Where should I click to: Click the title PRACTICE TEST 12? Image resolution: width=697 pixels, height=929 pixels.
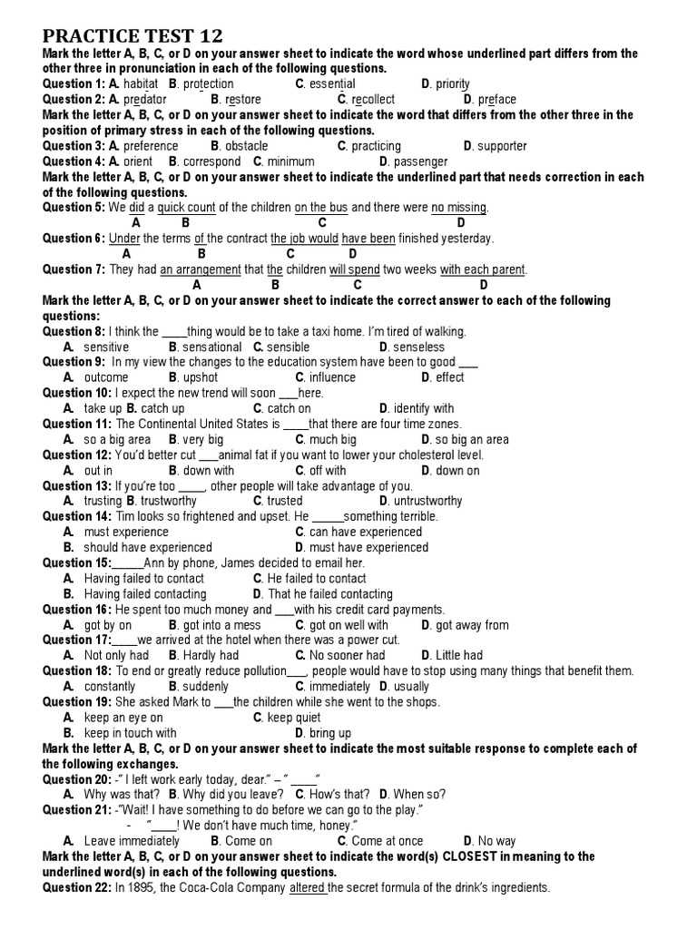coord(133,36)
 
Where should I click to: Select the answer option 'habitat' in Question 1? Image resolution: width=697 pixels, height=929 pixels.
coord(142,84)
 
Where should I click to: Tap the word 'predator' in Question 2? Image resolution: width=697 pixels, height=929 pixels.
coord(145,100)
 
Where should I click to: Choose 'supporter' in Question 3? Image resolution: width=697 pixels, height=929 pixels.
coord(502,146)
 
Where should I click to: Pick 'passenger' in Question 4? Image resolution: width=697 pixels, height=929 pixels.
coord(422,161)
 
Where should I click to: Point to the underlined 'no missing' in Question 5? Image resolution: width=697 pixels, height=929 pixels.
coord(459,208)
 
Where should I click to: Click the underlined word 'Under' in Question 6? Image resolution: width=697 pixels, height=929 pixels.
coord(124,239)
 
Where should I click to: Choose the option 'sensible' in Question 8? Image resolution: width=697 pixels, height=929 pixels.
coord(289,347)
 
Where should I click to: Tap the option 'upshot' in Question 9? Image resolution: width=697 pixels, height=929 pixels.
coord(200,377)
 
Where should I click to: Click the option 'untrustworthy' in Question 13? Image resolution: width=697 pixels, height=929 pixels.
coord(424,501)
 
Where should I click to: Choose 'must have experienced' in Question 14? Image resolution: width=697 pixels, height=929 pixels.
coord(368,547)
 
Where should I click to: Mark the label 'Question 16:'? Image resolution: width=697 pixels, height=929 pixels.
coord(78,610)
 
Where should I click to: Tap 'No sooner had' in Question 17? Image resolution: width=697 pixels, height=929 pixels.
coord(347,655)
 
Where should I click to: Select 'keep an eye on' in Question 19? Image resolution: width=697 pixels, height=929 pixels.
coord(123,718)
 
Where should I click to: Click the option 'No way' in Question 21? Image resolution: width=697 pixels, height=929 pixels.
coord(496,841)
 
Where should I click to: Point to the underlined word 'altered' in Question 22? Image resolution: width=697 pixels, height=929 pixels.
coord(307,888)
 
